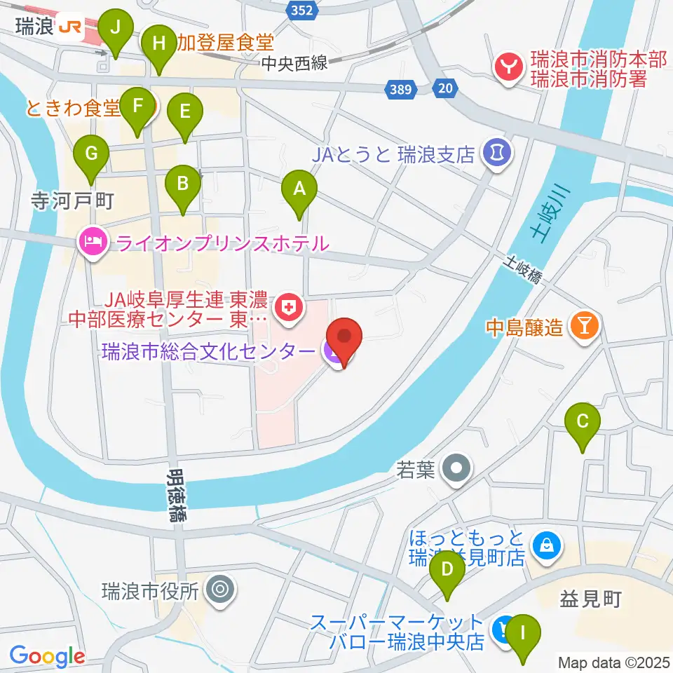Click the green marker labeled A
coord(299,189)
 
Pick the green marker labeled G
coord(91,153)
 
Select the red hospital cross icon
coord(286,306)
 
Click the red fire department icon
coord(506,67)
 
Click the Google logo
coord(47,656)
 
